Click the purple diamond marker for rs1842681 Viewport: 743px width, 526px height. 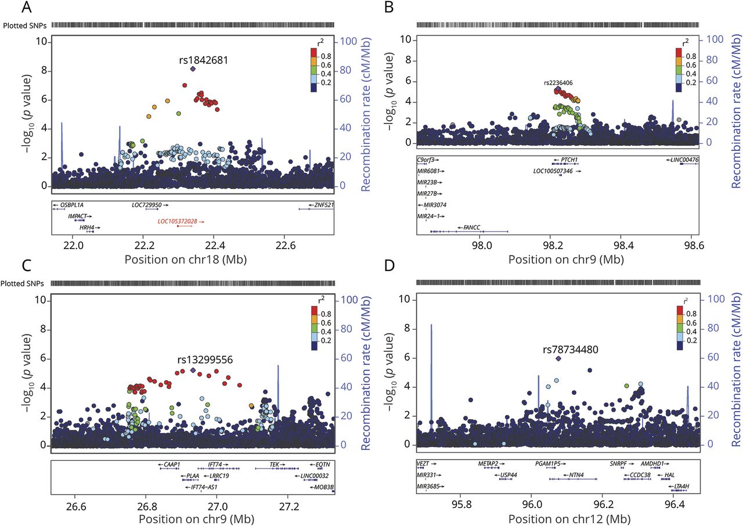[x=193, y=69]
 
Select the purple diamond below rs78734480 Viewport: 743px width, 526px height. [x=558, y=359]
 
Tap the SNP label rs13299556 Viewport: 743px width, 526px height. [x=205, y=360]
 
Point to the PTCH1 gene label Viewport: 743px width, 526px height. [x=564, y=160]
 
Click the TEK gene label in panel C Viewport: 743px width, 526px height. [x=275, y=464]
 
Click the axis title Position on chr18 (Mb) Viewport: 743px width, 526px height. [x=185, y=260]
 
